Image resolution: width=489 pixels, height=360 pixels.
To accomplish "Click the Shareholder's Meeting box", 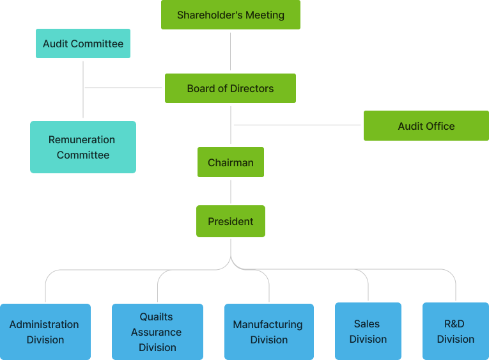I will click(x=230, y=15).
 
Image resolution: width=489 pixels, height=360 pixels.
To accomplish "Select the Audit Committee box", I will click(x=83, y=43).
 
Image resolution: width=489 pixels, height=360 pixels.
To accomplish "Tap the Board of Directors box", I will click(x=230, y=88).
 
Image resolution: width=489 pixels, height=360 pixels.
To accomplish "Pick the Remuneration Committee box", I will click(x=83, y=147).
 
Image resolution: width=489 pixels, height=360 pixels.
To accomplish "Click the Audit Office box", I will click(x=426, y=126).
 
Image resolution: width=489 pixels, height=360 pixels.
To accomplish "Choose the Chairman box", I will click(x=230, y=162).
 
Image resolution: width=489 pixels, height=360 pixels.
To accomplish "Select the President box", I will click(x=230, y=221).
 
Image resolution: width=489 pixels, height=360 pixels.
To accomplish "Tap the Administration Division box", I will click(x=45, y=332).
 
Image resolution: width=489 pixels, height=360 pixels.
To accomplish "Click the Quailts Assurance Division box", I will click(x=157, y=332).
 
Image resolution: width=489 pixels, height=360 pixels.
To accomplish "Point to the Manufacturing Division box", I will click(x=268, y=332).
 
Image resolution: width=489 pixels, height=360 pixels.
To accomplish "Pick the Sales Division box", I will click(x=368, y=331).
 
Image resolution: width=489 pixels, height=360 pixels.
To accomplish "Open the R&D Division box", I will click(x=456, y=331).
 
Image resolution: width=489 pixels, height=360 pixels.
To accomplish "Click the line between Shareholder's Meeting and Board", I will click(x=230, y=51).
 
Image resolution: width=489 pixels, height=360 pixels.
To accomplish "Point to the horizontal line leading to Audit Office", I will click(x=297, y=125).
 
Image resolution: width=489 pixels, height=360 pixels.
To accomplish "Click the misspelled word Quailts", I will click(x=157, y=317).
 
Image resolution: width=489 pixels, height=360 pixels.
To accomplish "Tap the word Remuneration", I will click(x=82, y=139).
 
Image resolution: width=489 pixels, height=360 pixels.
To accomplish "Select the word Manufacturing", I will click(x=267, y=324).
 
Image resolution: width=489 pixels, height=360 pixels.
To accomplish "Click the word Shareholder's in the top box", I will click(x=205, y=15).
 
